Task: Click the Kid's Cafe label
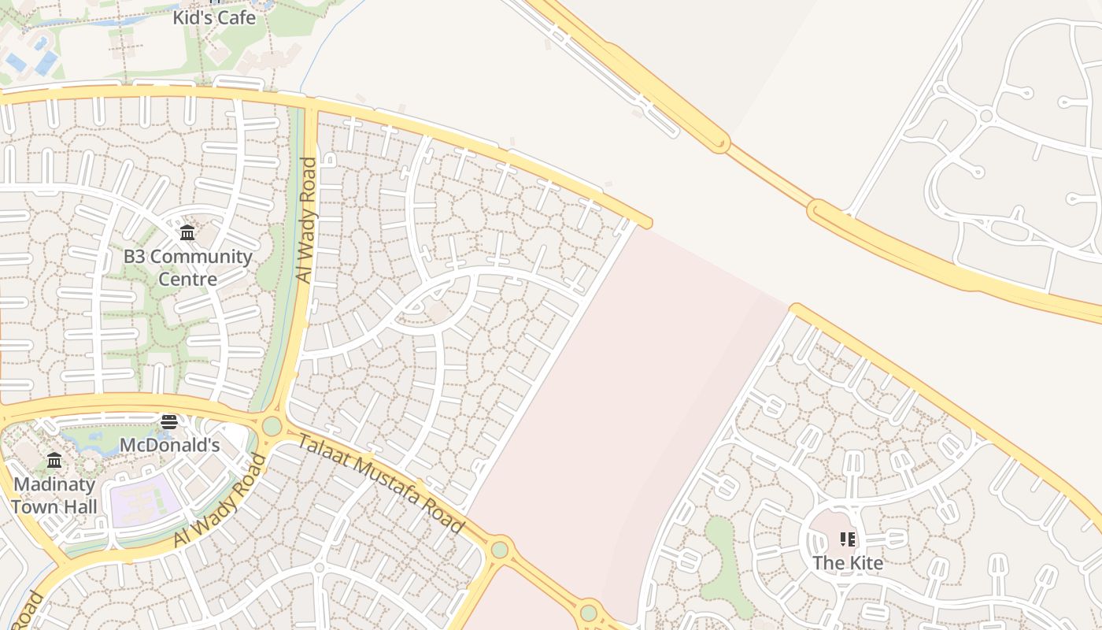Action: tap(214, 17)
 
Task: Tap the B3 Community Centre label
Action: tap(187, 268)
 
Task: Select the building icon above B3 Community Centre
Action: tap(187, 233)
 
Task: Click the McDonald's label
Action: tap(169, 445)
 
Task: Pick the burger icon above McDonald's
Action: tap(169, 422)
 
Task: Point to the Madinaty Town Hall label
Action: tap(54, 495)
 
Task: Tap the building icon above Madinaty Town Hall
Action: tap(54, 461)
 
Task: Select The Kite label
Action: tap(848, 563)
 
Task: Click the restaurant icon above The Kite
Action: tap(848, 539)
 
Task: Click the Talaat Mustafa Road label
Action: tap(380, 484)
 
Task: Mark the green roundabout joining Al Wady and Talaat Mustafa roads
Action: tap(272, 426)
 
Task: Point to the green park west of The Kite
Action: tap(723, 555)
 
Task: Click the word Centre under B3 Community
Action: tap(187, 280)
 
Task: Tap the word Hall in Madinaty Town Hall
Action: tap(81, 506)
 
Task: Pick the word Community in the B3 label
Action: tap(202, 257)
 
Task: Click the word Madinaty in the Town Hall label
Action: tap(54, 484)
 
